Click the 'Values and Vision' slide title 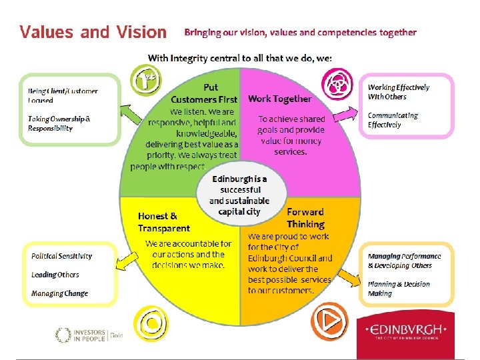pyautogui.click(x=93, y=32)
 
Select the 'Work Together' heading pyautogui.click(x=279, y=99)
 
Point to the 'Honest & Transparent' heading pyautogui.click(x=164, y=222)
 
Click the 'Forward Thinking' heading pyautogui.click(x=305, y=218)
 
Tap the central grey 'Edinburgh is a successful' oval pyautogui.click(x=239, y=194)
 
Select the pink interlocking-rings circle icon pyautogui.click(x=337, y=83)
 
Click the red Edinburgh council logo pyautogui.click(x=406, y=331)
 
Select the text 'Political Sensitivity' pyautogui.click(x=61, y=256)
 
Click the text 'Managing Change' pyautogui.click(x=59, y=293)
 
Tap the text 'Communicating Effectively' pyautogui.click(x=393, y=120)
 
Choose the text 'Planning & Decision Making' pyautogui.click(x=399, y=289)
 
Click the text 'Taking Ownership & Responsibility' pyautogui.click(x=59, y=123)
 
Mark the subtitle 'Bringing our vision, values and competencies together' pyautogui.click(x=300, y=32)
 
